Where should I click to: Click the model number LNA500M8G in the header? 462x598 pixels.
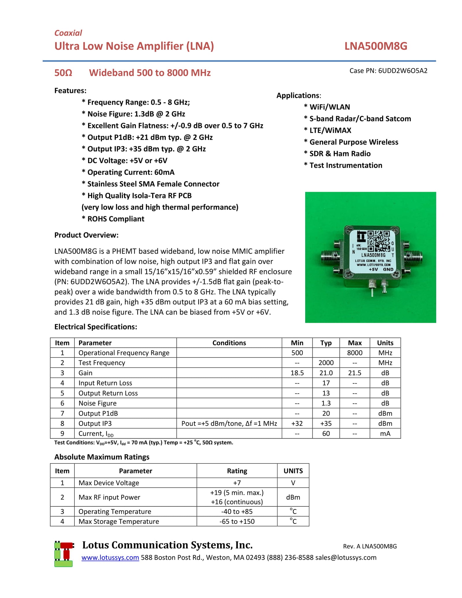(x=375, y=46)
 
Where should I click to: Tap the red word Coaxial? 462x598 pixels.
(x=68, y=33)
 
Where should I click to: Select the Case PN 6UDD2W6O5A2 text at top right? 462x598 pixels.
(x=388, y=71)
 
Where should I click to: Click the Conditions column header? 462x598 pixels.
(x=229, y=343)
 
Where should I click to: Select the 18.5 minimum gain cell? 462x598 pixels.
(x=297, y=373)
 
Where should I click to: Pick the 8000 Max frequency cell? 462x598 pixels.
(x=355, y=353)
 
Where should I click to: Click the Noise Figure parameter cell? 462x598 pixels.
(x=98, y=403)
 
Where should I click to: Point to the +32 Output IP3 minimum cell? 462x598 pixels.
(x=297, y=423)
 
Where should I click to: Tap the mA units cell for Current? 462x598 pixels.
(x=385, y=433)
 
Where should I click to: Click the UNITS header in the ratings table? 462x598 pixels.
(x=293, y=471)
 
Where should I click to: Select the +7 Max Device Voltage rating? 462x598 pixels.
(x=237, y=483)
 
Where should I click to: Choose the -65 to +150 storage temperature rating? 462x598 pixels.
(x=237, y=521)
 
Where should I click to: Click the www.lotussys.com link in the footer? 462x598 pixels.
(x=110, y=558)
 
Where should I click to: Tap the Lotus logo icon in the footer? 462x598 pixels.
(x=64, y=554)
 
